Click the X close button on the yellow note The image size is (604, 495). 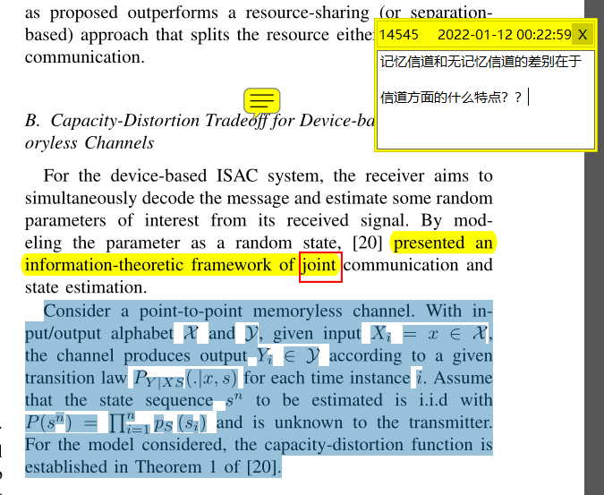(583, 35)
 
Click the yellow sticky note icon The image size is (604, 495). (262, 99)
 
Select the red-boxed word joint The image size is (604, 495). (320, 265)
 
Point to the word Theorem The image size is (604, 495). (166, 467)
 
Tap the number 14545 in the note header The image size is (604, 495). (398, 35)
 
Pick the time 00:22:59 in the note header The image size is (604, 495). (544, 35)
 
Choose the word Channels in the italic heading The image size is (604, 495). (120, 143)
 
